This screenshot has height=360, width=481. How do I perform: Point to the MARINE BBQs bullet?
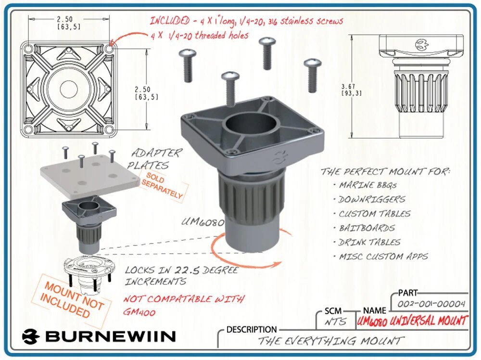pyautogui.click(x=367, y=185)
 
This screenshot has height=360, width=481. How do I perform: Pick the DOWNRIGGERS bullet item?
pyautogui.click(x=371, y=199)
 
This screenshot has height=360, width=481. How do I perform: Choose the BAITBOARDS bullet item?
pyautogui.click(x=367, y=228)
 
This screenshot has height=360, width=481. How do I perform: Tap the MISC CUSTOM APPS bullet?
pyautogui.click(x=383, y=256)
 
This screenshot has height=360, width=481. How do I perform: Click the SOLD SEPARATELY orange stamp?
pyautogui.click(x=162, y=187)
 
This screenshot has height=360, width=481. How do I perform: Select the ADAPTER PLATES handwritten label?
pyautogui.click(x=156, y=159)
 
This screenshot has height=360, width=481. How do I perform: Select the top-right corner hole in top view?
pyautogui.click(x=109, y=49)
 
